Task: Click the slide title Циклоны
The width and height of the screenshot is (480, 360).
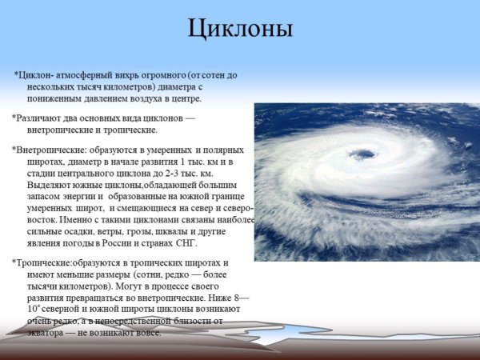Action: tap(240, 29)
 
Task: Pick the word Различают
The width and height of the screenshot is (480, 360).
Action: tap(39, 118)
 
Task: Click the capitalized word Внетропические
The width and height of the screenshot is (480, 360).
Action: tap(50, 148)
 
